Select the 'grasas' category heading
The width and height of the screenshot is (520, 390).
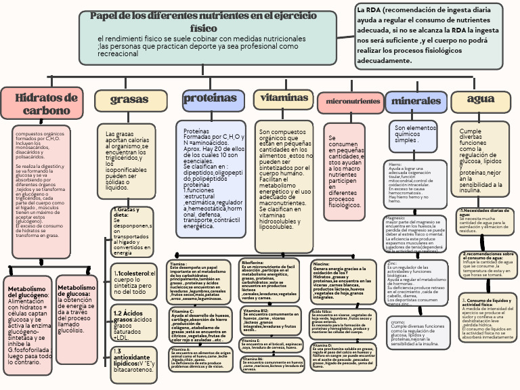130,100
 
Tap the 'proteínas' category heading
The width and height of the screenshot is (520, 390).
204,99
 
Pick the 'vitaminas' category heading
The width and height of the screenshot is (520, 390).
276,99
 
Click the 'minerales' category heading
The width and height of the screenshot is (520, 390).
416,102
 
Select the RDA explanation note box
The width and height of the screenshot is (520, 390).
429,36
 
